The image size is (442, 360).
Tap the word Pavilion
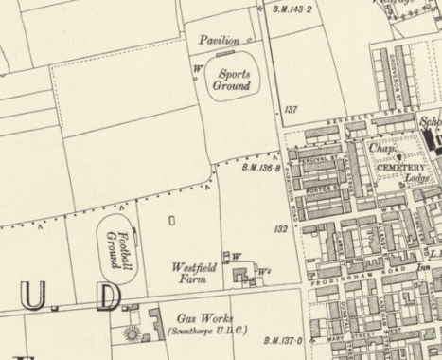221,41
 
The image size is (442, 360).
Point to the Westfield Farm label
194,273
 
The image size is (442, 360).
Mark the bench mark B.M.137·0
283,340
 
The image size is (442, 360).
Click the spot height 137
291,111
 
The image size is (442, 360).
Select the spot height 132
280,229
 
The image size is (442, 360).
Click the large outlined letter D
109,297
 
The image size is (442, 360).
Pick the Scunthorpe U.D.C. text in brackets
203,333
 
